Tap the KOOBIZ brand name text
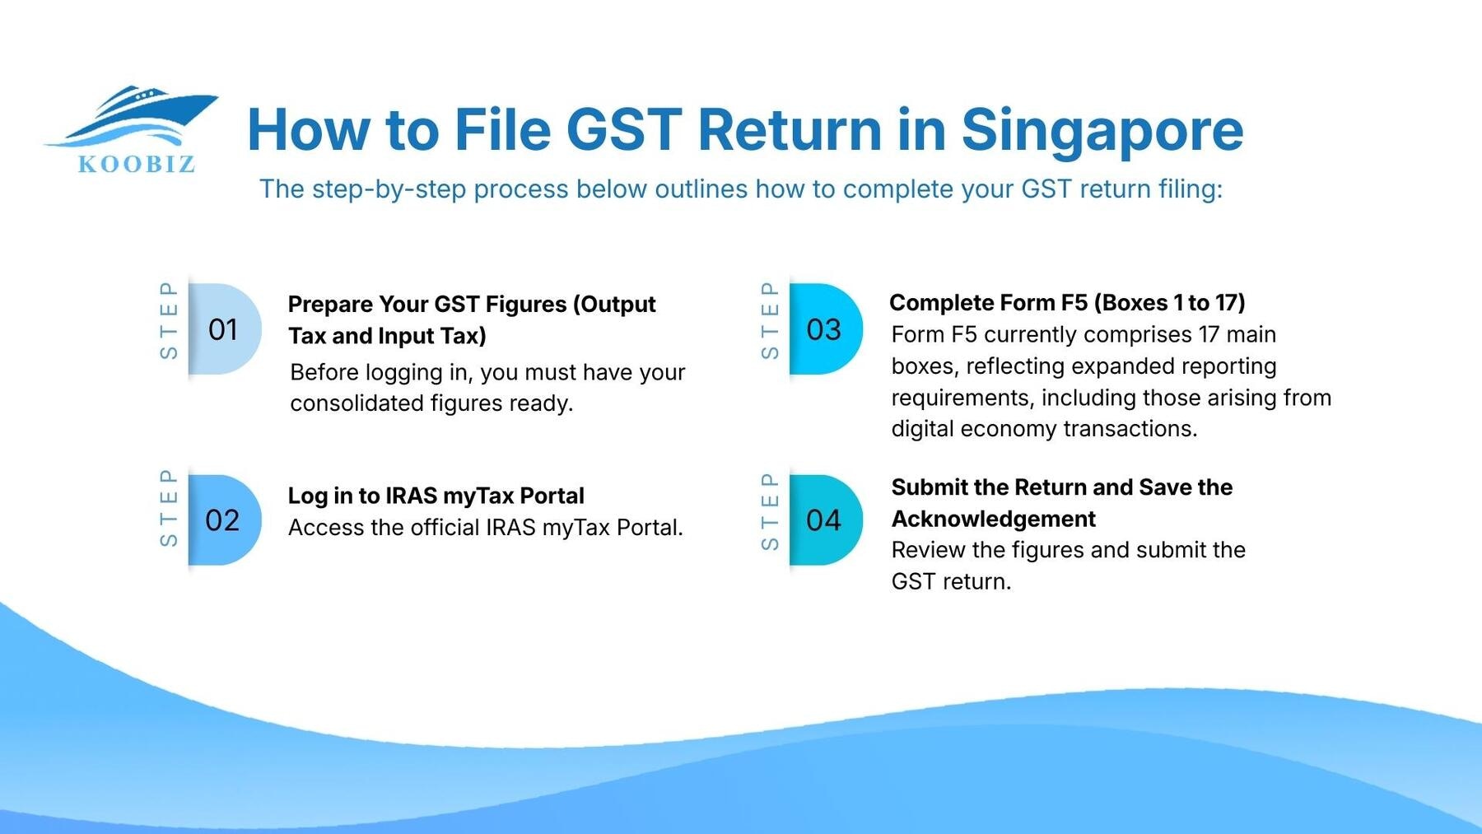point(137,164)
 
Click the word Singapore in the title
point(1102,131)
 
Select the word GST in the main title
point(624,130)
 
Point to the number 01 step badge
point(223,329)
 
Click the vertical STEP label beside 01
point(169,320)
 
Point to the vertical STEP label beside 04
point(770,511)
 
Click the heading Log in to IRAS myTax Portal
point(436,496)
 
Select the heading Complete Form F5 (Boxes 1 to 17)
point(1067,303)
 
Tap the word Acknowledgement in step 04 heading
point(993,519)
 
